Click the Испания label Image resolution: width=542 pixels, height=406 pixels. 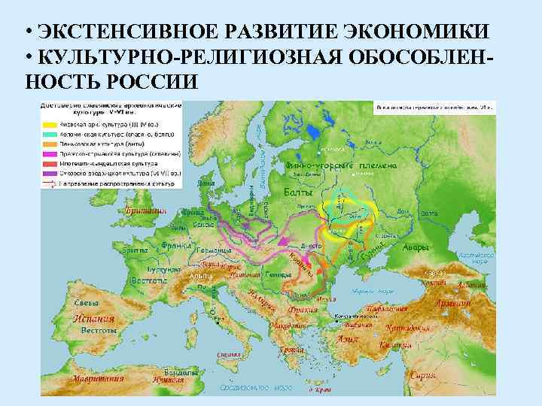[x=93, y=318]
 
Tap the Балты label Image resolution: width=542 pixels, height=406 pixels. [x=303, y=193]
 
